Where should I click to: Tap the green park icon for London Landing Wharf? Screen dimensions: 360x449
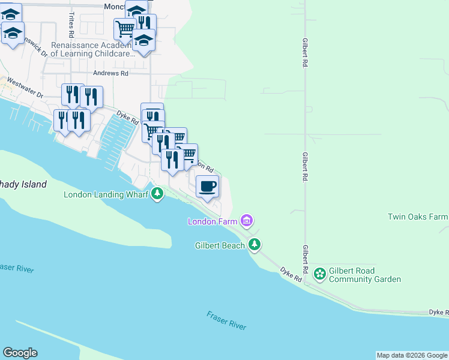[157, 194]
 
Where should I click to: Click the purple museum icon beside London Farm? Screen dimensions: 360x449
[246, 221]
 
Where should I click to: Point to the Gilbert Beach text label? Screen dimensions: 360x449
[220, 245]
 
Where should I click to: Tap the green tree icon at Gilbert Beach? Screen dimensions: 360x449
[255, 244]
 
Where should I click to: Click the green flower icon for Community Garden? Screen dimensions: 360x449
[320, 274]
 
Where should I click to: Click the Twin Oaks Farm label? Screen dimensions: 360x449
[418, 217]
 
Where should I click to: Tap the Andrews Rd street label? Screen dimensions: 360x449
[111, 73]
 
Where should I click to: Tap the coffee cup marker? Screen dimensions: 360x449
[207, 186]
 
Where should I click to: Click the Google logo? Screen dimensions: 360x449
[20, 353]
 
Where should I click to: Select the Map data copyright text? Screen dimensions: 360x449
[411, 355]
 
